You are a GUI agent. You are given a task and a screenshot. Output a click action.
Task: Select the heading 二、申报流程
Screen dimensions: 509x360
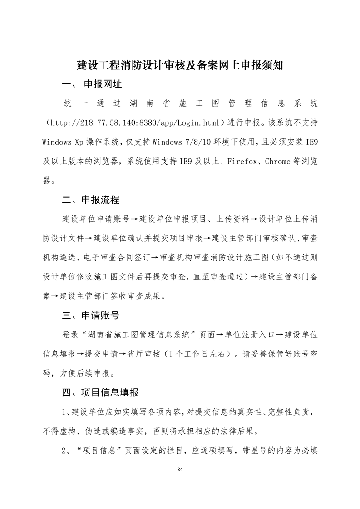pos(91,199)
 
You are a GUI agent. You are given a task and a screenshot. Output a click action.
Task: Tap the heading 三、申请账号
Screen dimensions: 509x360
pos(91,314)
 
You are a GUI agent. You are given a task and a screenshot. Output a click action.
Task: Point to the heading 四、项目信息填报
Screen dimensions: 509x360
pos(100,392)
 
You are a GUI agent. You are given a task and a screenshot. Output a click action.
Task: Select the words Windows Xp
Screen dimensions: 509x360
pos(60,142)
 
